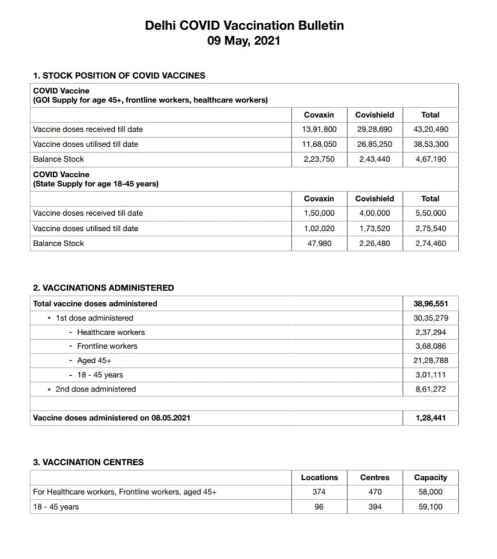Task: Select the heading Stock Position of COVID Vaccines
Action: (x=119, y=75)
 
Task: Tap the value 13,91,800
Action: (x=320, y=129)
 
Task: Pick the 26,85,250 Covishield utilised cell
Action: (x=374, y=144)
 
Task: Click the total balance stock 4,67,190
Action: (x=430, y=159)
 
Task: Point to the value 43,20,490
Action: (x=430, y=129)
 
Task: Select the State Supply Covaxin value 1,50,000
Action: (x=320, y=213)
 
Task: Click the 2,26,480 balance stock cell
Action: (x=374, y=243)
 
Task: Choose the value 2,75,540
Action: (x=430, y=228)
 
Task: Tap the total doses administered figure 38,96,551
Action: (x=430, y=304)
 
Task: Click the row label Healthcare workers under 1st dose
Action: (x=111, y=332)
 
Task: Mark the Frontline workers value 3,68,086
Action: (x=430, y=346)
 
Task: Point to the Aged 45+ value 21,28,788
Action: (x=430, y=361)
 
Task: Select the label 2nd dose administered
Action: (x=95, y=389)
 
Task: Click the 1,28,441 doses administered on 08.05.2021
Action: (x=430, y=418)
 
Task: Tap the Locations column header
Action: (x=320, y=478)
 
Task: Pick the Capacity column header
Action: (x=430, y=478)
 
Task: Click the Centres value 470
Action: (x=375, y=492)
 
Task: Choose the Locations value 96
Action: (x=320, y=507)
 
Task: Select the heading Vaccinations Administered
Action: (x=103, y=288)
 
